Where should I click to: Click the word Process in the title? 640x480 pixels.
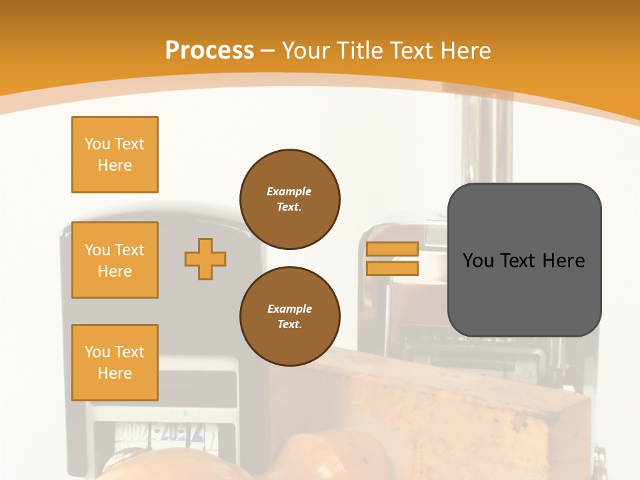(209, 51)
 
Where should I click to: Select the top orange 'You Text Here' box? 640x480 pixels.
(115, 155)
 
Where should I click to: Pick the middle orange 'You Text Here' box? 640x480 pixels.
(115, 260)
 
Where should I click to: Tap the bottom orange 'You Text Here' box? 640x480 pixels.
(115, 363)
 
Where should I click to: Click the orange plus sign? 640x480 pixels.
(205, 259)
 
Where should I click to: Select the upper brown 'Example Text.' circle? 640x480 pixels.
(290, 199)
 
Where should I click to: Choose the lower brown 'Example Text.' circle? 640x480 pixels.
(290, 317)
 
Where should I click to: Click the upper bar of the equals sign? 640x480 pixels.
(392, 249)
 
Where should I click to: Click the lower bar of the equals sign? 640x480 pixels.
(392, 268)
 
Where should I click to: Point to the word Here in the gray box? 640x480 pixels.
(563, 261)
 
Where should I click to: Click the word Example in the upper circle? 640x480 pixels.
(289, 191)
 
